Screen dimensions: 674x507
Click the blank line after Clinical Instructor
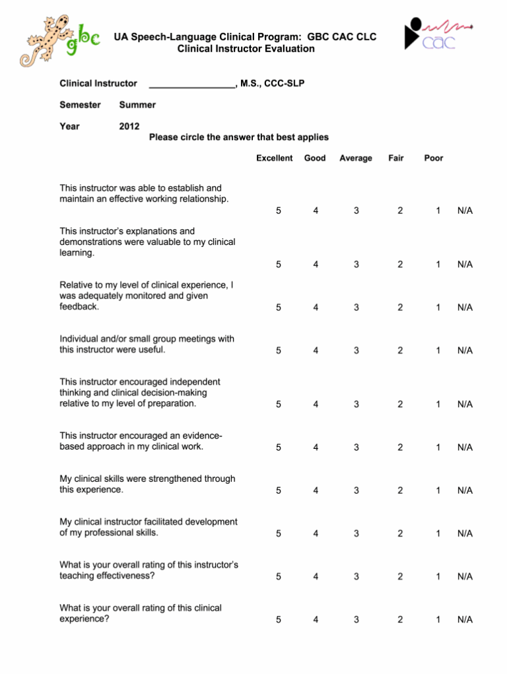pos(191,84)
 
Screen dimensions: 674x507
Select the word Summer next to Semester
pos(137,105)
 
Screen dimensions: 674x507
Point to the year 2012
pos(129,126)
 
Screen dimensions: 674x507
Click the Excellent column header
pos(274,158)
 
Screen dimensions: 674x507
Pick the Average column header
pos(355,158)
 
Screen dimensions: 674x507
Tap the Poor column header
pos(434,158)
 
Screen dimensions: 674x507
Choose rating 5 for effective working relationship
pos(279,211)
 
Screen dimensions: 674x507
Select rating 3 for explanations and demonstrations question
pos(356,265)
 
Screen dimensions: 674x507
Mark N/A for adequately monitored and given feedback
pos(465,308)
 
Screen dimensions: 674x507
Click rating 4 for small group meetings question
pos(316,351)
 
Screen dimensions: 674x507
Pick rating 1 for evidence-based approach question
pos(438,447)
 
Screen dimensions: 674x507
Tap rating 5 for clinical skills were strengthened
pos(279,490)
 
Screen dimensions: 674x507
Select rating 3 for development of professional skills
pos(356,533)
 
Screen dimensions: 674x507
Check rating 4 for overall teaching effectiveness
pos(316,576)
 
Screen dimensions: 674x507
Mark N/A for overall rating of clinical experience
pos(465,619)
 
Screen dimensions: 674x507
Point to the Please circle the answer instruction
pos(238,137)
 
